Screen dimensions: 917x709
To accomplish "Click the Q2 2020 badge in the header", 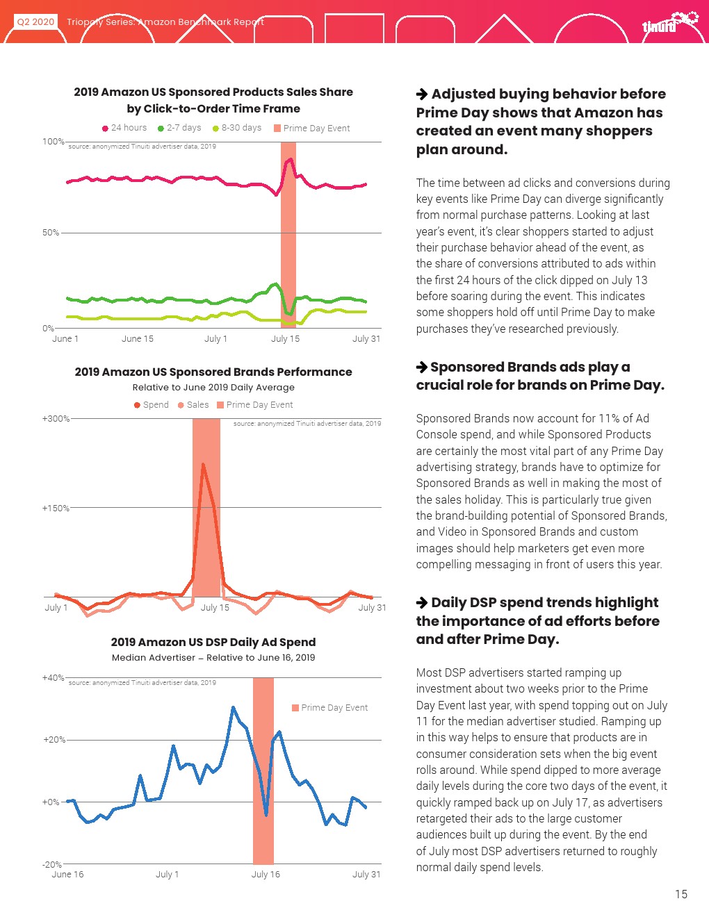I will point(35,22).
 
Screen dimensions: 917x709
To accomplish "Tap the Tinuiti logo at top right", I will point(668,23).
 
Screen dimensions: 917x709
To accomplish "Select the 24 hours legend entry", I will point(124,128).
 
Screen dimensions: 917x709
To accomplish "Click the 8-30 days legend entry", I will point(237,128).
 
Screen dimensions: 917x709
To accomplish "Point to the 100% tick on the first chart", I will point(53,142).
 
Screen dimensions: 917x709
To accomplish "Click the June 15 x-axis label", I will point(138,339).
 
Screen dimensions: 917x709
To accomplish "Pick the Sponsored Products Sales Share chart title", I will point(213,100).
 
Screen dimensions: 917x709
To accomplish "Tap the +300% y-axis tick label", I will point(56,419).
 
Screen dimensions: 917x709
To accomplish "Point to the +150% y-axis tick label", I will point(56,509).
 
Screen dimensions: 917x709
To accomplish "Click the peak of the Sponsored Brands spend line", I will point(203,464).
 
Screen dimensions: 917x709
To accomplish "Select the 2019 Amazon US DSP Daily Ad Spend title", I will point(213,643).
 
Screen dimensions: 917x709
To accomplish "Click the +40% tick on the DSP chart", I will point(53,678).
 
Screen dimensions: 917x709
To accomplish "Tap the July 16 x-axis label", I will point(266,875).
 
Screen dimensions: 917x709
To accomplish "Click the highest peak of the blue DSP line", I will point(233,708).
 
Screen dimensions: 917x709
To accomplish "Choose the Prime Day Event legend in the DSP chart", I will point(330,708).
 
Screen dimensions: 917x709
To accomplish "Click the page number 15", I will point(681,894).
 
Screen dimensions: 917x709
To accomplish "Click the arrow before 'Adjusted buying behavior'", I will point(422,94).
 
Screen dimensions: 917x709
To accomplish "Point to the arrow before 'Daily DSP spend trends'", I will point(422,603).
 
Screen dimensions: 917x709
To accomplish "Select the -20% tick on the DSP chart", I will point(52,865).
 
